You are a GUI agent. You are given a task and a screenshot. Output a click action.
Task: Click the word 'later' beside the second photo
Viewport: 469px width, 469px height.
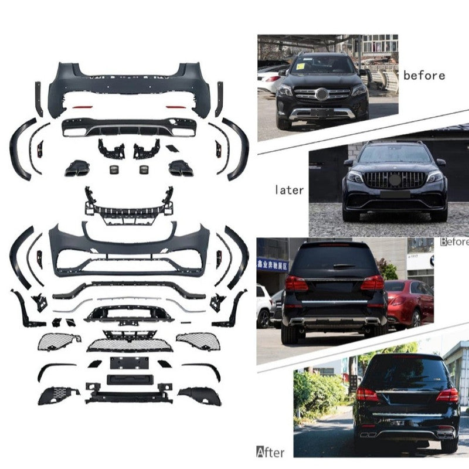coord(290,190)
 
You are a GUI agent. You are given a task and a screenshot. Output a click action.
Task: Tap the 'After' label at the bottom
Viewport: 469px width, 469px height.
coord(270,451)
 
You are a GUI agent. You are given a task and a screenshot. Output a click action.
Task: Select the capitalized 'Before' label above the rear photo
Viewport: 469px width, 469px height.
coord(454,241)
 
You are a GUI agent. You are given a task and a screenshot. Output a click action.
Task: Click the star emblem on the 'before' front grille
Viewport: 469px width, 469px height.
coord(321,94)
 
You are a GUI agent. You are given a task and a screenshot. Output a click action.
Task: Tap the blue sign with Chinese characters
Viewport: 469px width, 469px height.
coord(273,264)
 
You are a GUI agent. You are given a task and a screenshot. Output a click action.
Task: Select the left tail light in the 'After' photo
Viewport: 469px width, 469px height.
coord(367,395)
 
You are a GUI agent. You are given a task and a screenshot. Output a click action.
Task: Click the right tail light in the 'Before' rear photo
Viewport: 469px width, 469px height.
coord(372,283)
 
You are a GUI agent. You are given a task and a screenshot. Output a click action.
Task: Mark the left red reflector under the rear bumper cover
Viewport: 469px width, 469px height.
coord(83,108)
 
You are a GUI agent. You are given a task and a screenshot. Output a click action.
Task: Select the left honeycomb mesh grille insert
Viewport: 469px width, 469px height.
coord(60,341)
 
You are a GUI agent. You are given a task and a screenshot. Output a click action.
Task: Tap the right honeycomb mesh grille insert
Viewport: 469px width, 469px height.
coord(198,341)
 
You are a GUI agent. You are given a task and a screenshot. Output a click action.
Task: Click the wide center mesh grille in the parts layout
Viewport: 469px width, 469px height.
coord(129,345)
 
